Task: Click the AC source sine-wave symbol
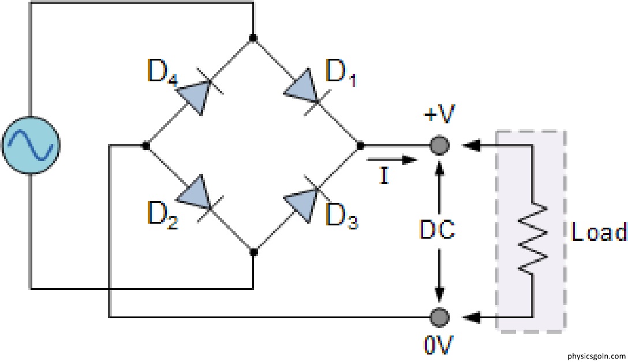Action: [x=31, y=146]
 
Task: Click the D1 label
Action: [x=341, y=73]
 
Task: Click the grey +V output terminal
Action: [x=439, y=145]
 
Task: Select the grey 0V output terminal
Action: [x=439, y=317]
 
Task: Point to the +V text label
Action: [x=439, y=115]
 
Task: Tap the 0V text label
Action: [x=439, y=345]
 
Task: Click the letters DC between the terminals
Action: [x=438, y=230]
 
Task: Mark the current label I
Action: [x=384, y=175]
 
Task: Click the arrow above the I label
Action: [x=392, y=160]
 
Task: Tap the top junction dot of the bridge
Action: [x=253, y=38]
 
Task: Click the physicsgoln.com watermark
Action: [x=596, y=356]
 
